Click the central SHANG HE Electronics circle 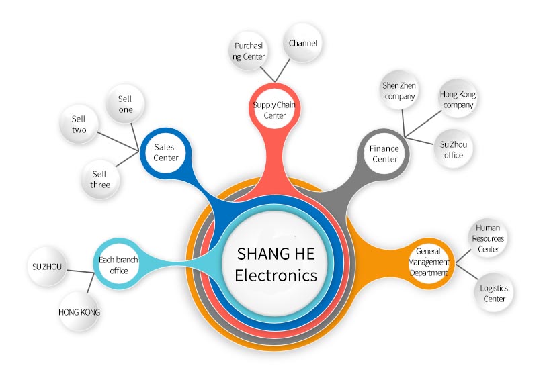click(276, 264)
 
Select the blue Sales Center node click(166, 152)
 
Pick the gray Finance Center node click(384, 154)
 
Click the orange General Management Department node click(429, 263)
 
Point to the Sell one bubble click(125, 104)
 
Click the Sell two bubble click(79, 124)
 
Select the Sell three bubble click(100, 179)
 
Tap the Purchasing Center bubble click(249, 51)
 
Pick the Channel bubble click(302, 43)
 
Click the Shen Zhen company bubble click(399, 91)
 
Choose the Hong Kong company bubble click(458, 99)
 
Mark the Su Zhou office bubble click(454, 149)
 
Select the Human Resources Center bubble click(488, 238)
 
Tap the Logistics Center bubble click(494, 293)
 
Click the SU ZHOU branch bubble click(47, 267)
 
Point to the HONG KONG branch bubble click(79, 312)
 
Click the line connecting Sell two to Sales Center click(118, 142)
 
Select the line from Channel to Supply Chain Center click(282, 70)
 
